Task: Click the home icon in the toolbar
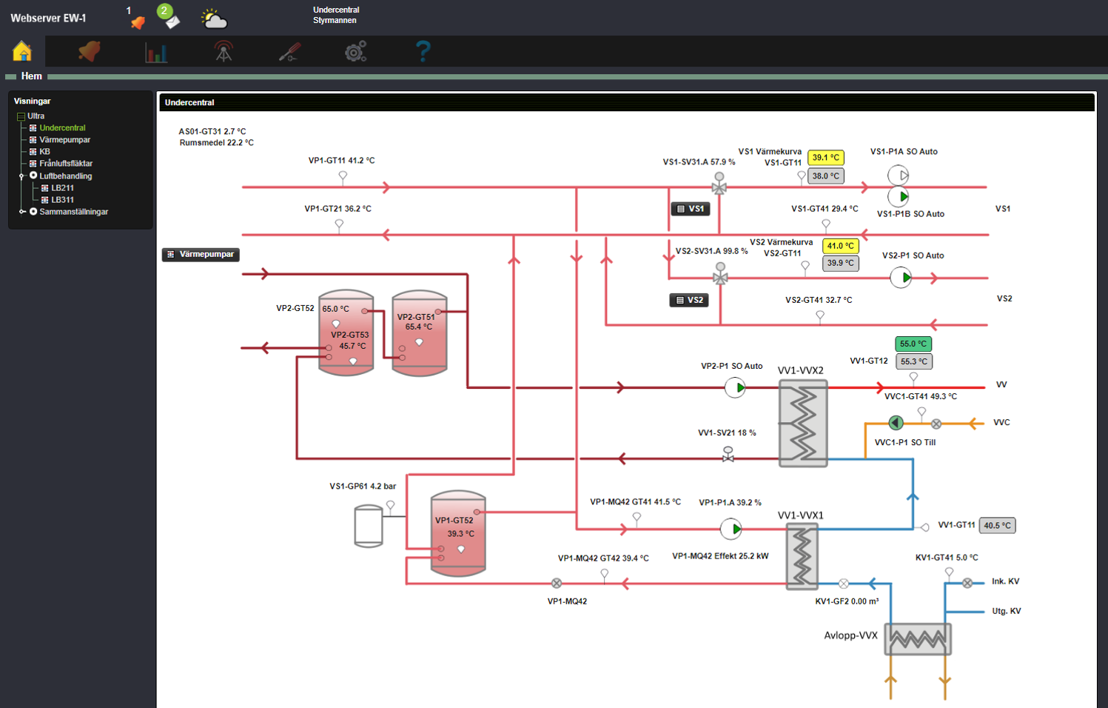(22, 51)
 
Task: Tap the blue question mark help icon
(423, 51)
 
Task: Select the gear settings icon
(356, 51)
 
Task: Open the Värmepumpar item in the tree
(64, 140)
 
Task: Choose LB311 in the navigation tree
(62, 200)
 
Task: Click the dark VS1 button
(690, 209)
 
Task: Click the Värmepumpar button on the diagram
(201, 254)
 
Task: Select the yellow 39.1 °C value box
(825, 158)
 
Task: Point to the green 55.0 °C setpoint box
(913, 344)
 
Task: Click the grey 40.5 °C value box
(997, 525)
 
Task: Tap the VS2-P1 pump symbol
(901, 278)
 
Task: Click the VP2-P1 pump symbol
(735, 387)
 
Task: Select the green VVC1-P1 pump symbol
(896, 423)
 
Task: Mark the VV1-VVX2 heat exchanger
(803, 423)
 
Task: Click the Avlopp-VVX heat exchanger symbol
(918, 638)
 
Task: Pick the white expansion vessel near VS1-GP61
(368, 525)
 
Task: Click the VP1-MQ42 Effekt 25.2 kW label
(719, 556)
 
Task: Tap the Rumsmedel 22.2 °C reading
(216, 143)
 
